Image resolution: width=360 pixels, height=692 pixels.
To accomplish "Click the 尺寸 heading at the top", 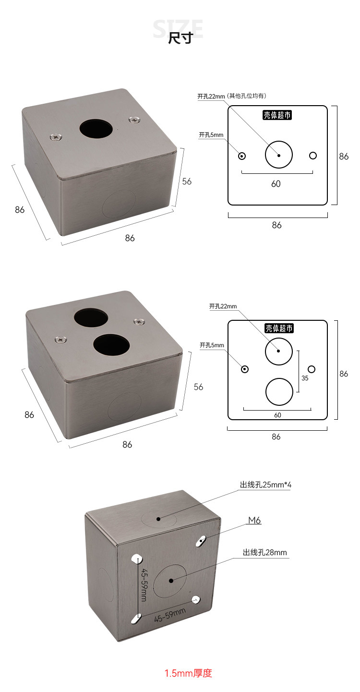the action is tap(180, 38).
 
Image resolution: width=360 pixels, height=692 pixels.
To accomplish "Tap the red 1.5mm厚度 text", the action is tap(188, 673).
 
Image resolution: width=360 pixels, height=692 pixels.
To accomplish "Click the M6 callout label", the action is tap(255, 520).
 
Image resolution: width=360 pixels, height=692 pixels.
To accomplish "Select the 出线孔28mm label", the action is tap(265, 552).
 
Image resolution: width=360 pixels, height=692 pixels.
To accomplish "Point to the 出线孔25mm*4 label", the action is tap(265, 485).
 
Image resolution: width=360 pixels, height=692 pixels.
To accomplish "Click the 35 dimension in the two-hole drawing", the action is tap(305, 378).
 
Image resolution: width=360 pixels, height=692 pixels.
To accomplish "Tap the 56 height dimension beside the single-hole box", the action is tap(187, 182).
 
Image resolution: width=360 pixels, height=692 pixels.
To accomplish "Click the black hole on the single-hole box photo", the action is tap(96, 129).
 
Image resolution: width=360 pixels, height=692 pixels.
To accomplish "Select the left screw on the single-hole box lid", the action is tap(56, 136).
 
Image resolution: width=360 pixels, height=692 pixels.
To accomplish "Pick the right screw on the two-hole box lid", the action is tap(139, 322).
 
